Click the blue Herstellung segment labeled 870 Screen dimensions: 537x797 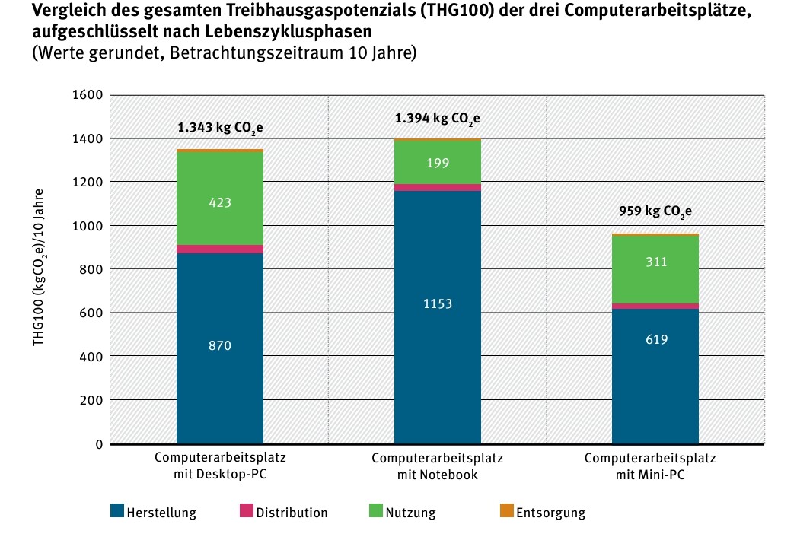click(x=220, y=347)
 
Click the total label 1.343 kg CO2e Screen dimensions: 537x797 click(x=221, y=128)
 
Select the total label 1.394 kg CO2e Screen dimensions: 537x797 click(x=438, y=119)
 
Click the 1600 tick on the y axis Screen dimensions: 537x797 click(x=88, y=95)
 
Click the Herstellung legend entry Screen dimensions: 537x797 click(x=153, y=512)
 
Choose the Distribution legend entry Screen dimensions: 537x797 click(x=284, y=512)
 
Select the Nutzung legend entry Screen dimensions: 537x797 click(x=403, y=512)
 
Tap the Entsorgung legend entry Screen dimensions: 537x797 click(x=543, y=512)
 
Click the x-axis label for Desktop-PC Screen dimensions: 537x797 click(x=220, y=467)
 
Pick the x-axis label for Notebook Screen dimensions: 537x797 click(x=438, y=467)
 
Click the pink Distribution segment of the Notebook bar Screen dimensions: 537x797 click(x=438, y=187)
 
